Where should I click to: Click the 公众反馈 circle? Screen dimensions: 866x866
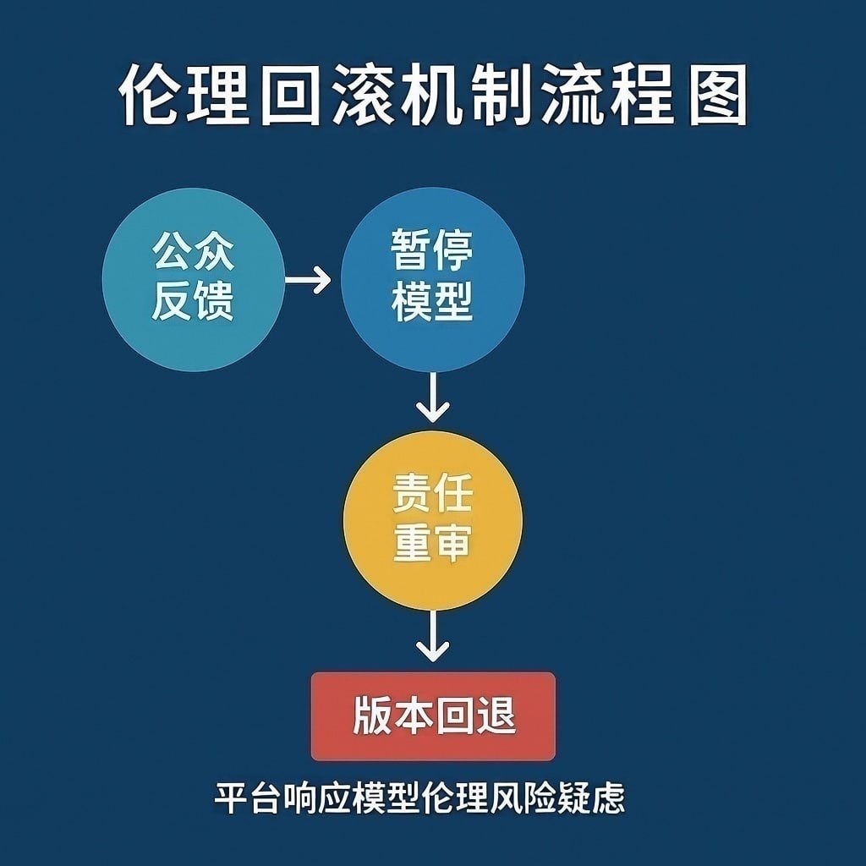(193, 280)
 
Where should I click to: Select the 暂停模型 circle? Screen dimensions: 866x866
(432, 280)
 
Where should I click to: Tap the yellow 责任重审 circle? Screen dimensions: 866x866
(432, 520)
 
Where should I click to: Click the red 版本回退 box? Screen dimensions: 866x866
(433, 716)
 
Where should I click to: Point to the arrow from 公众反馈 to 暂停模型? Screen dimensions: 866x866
(308, 279)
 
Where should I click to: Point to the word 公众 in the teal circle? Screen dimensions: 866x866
(193, 252)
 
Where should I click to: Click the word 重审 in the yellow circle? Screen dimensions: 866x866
(432, 544)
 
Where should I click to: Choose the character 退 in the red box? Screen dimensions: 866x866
(496, 716)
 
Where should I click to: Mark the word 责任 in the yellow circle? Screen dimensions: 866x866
(432, 494)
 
